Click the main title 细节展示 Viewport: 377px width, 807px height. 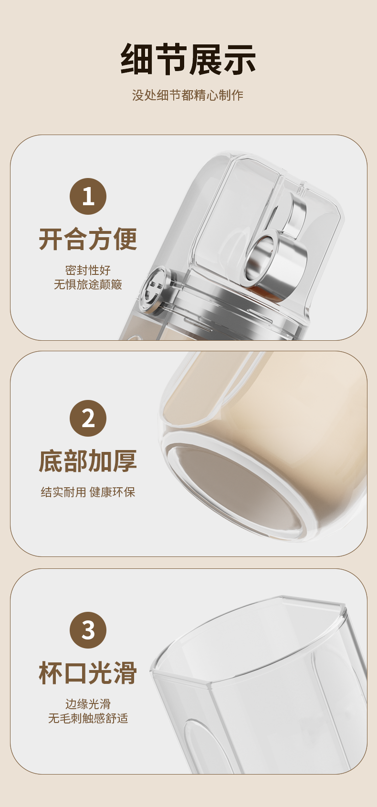[188, 60]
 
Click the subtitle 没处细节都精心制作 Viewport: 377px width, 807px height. [188, 95]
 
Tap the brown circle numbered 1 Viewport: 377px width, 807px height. [88, 196]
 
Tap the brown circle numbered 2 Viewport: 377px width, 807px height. [88, 418]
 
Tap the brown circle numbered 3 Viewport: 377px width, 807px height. [88, 630]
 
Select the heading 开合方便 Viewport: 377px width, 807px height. [88, 239]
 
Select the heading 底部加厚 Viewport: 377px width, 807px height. [88, 461]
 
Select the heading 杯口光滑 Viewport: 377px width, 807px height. [88, 673]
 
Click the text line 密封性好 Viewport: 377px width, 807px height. [88, 270]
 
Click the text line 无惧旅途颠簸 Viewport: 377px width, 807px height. [88, 284]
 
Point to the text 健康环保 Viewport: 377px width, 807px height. [113, 492]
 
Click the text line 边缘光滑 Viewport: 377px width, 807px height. [88, 704]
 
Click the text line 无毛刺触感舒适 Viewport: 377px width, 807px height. [88, 718]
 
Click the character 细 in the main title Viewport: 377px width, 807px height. [137, 60]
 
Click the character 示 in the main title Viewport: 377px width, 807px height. [240, 60]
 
